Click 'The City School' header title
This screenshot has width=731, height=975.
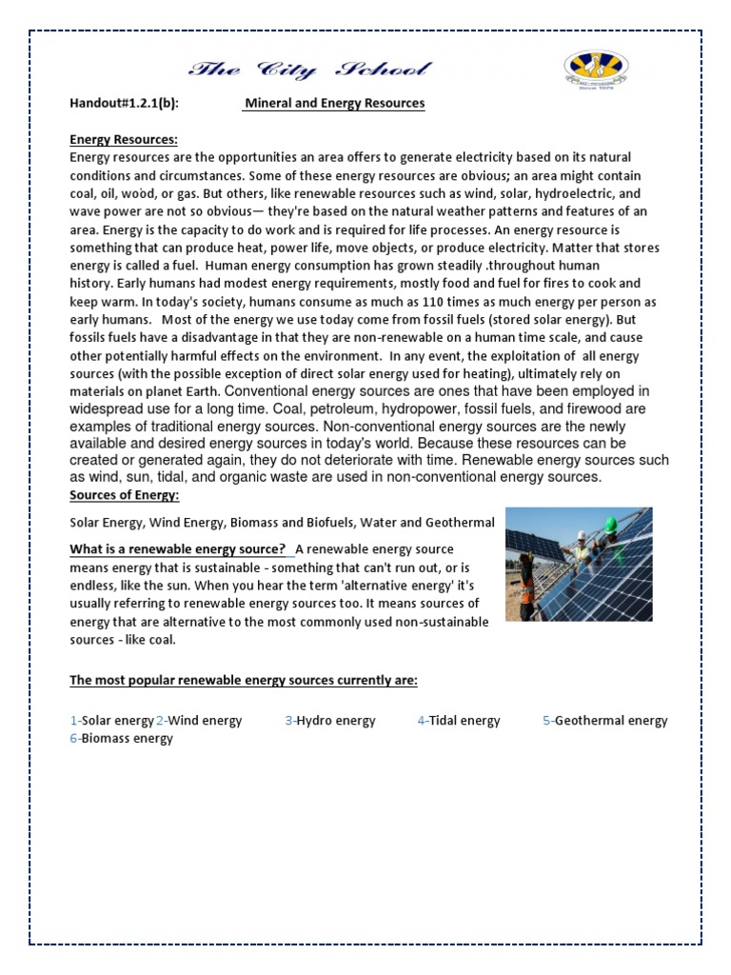click(x=309, y=70)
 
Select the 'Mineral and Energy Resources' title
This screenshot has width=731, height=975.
click(x=333, y=103)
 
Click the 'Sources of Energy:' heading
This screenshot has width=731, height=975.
click(x=125, y=495)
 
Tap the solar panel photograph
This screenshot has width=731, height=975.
click(x=578, y=565)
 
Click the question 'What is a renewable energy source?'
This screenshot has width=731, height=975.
click(x=178, y=549)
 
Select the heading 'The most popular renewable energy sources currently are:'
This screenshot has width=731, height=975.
click(x=244, y=681)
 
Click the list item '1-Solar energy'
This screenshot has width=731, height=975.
click(x=111, y=721)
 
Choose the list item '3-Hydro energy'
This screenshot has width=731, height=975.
click(x=329, y=721)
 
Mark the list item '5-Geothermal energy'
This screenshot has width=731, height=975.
click(x=605, y=721)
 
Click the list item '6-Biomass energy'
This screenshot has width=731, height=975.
click(x=121, y=738)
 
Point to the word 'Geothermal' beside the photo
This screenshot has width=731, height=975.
click(x=462, y=523)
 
